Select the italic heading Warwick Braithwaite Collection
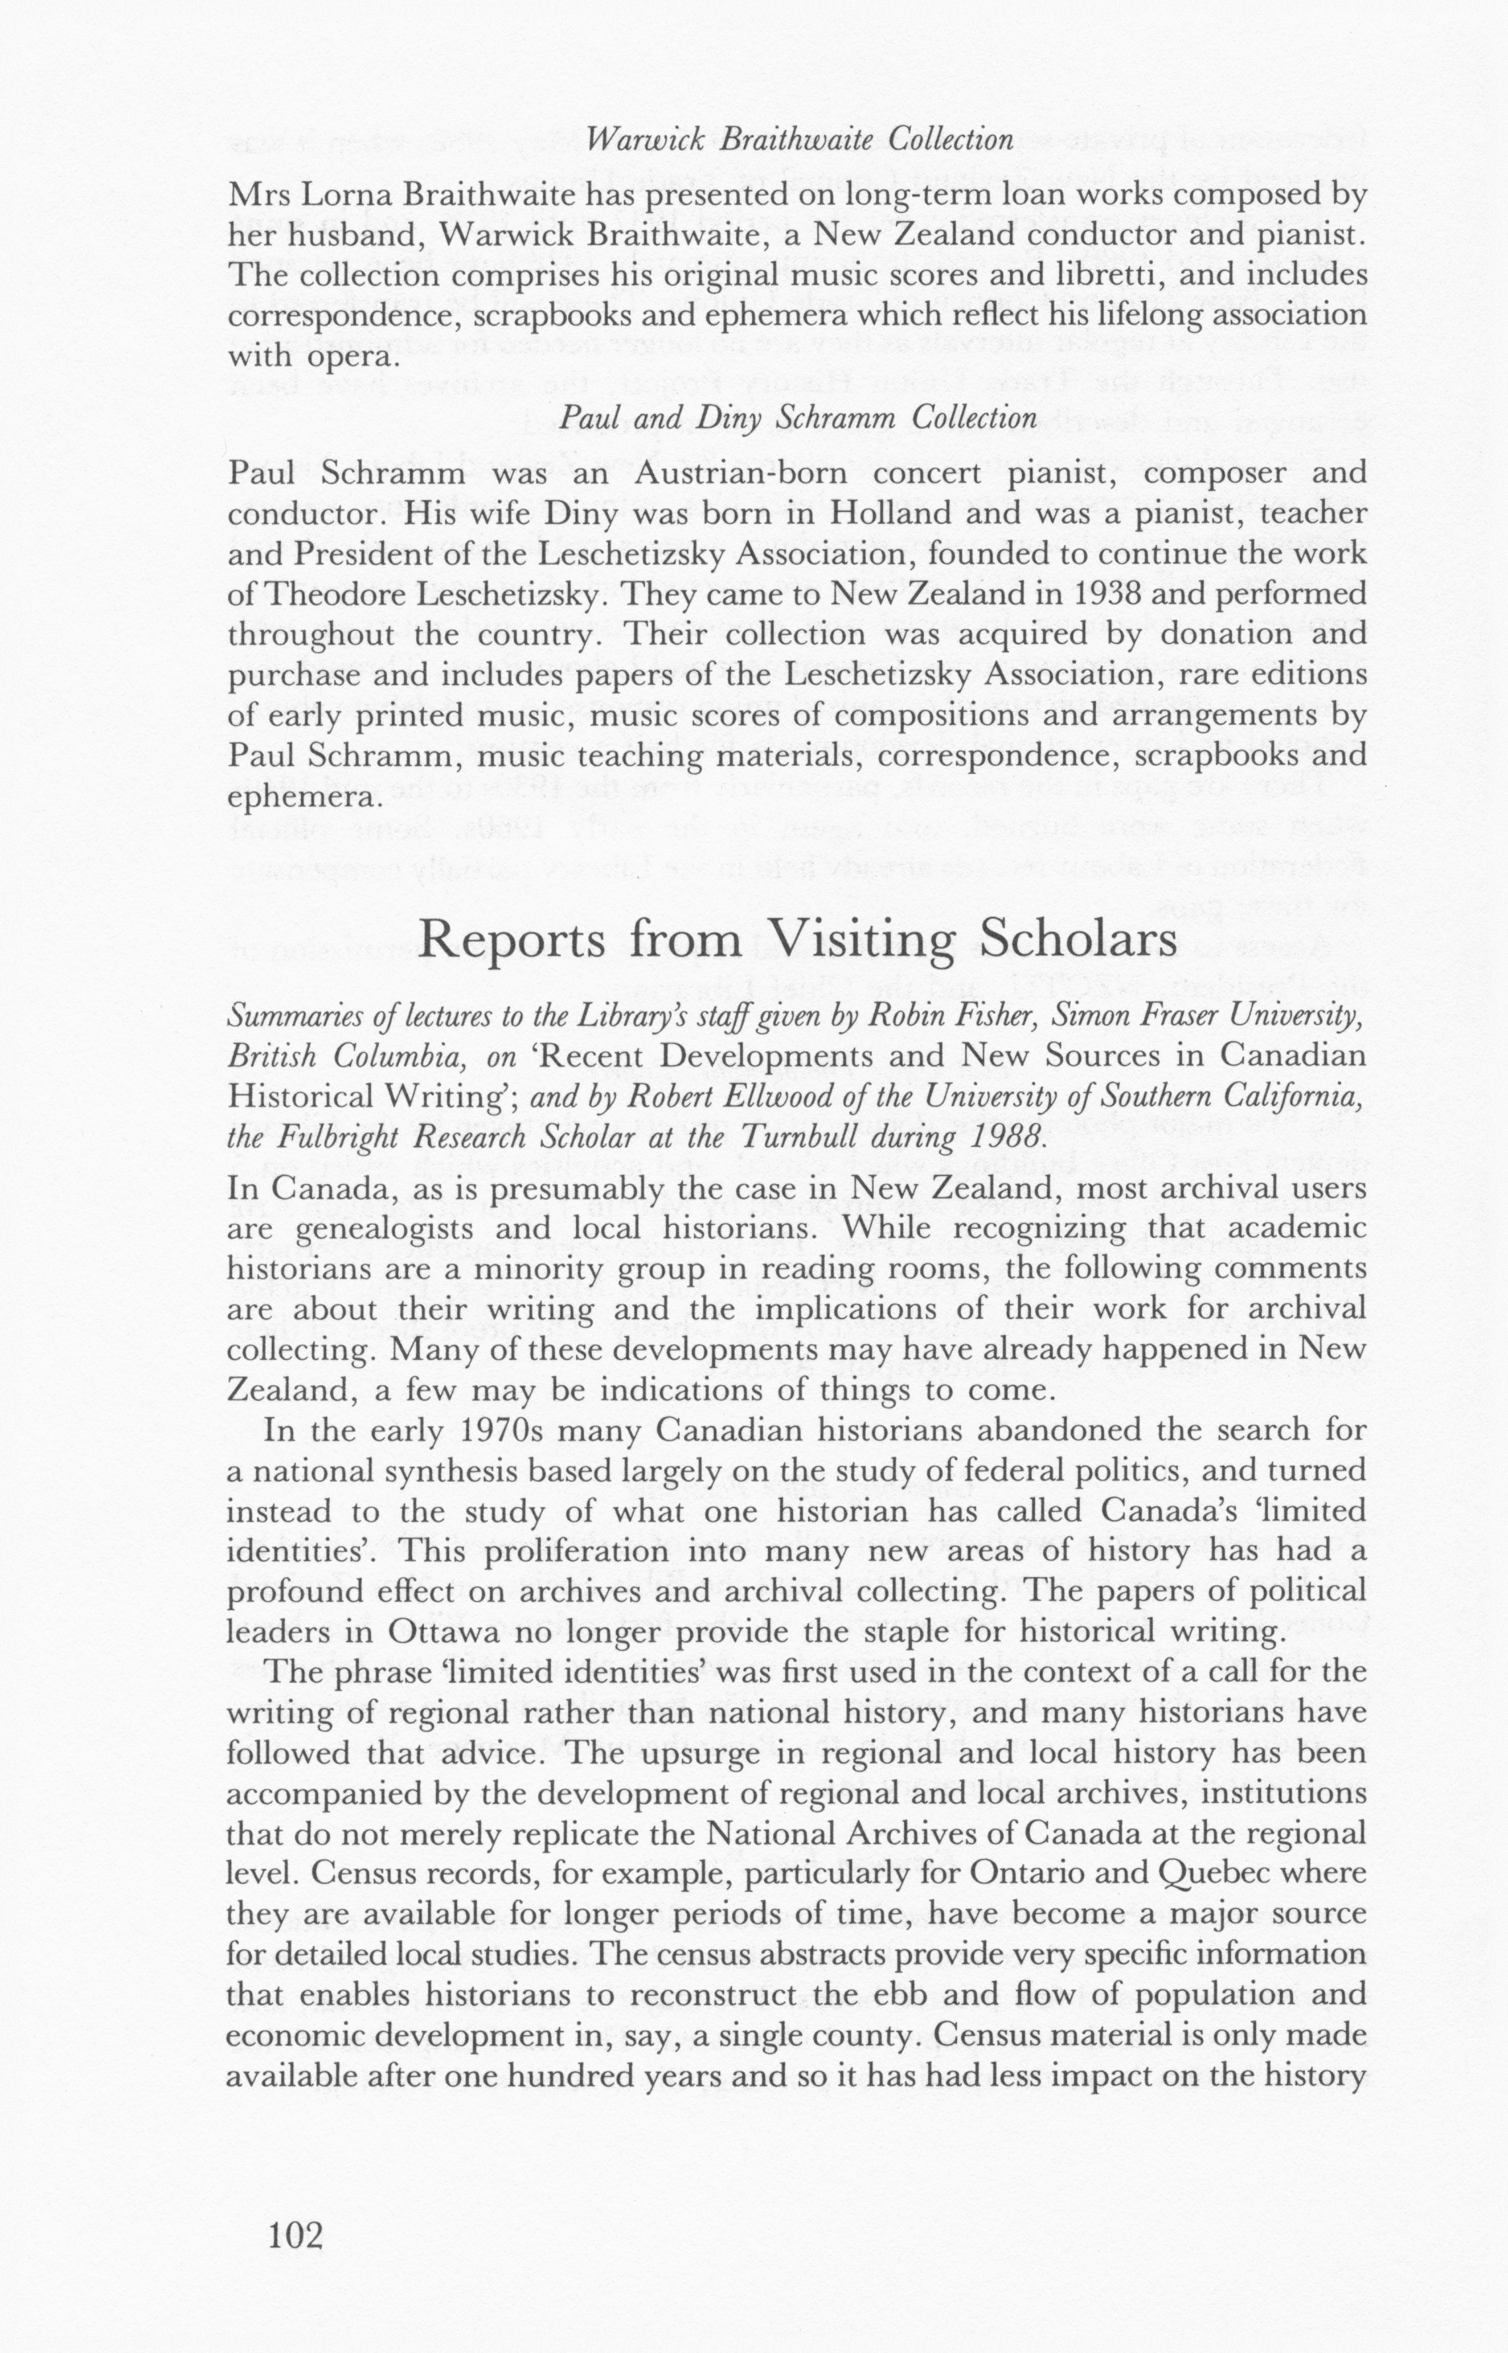pos(800,140)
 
